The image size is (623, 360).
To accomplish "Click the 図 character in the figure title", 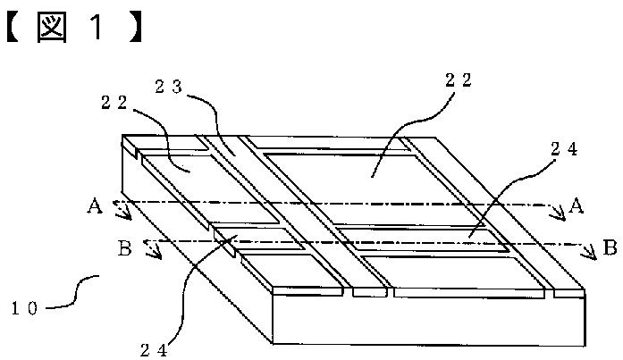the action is tap(52, 28).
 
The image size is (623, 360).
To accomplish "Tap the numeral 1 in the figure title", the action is tap(97, 28).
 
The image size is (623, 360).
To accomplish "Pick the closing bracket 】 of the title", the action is tap(136, 29).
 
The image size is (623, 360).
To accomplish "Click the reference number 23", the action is tap(168, 87).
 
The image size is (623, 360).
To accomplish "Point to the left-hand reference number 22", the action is tap(114, 103).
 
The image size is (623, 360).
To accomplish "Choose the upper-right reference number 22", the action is tap(459, 80).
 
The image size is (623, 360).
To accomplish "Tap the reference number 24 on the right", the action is tap(564, 149).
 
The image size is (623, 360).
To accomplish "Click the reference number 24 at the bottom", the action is tap(154, 350).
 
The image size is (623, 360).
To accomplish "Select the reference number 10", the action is tap(25, 308).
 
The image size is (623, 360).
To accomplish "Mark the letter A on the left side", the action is tap(95, 206).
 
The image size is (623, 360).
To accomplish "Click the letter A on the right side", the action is tap(577, 206).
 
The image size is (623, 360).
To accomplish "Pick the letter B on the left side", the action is tap(125, 249).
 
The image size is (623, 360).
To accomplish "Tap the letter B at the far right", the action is tap(610, 247).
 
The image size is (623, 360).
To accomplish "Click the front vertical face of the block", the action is tap(429, 321).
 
